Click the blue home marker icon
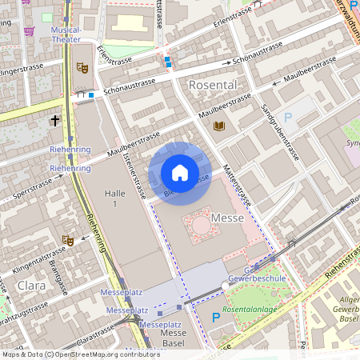click(180, 173)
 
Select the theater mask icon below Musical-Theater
click(80, 69)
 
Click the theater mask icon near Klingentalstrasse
click(68, 240)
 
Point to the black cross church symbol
click(55, 121)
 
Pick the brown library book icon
click(219, 126)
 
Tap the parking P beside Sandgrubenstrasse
click(288, 118)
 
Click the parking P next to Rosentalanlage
click(215, 318)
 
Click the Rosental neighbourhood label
click(213, 84)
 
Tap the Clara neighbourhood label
click(31, 285)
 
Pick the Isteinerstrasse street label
click(134, 175)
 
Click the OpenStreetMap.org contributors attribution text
click(104, 354)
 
